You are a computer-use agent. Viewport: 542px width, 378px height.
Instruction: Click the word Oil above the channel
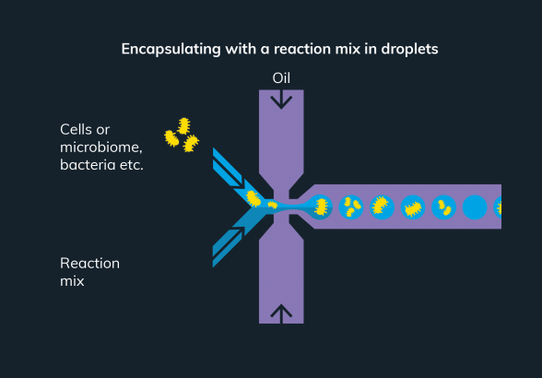pyautogui.click(x=281, y=78)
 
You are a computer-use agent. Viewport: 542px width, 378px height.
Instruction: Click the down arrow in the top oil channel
pyautogui.click(x=281, y=100)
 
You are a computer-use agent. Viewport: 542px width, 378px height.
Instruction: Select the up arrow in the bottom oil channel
pyautogui.click(x=281, y=313)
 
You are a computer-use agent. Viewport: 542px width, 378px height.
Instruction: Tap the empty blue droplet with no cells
pyautogui.click(x=475, y=207)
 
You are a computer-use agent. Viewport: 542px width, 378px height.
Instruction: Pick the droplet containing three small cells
pyautogui.click(x=351, y=207)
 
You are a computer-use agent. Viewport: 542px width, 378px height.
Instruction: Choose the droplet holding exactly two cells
pyautogui.click(x=444, y=207)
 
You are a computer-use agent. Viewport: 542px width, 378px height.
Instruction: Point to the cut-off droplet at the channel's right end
pyautogui.click(x=498, y=207)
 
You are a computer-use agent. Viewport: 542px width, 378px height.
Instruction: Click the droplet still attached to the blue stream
pyautogui.click(x=321, y=207)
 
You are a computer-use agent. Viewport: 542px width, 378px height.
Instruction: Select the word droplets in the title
pyautogui.click(x=409, y=49)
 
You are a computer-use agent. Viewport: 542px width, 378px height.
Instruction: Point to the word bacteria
pyautogui.click(x=88, y=165)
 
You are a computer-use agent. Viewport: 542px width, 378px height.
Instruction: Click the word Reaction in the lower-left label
pyautogui.click(x=90, y=264)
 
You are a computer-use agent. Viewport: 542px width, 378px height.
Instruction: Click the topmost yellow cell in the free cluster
pyautogui.click(x=184, y=126)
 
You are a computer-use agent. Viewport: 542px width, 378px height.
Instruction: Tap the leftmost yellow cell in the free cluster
pyautogui.click(x=171, y=138)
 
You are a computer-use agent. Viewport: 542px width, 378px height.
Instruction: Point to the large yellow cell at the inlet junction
pyautogui.click(x=253, y=199)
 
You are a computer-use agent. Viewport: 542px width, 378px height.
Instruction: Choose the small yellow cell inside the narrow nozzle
pyautogui.click(x=273, y=205)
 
